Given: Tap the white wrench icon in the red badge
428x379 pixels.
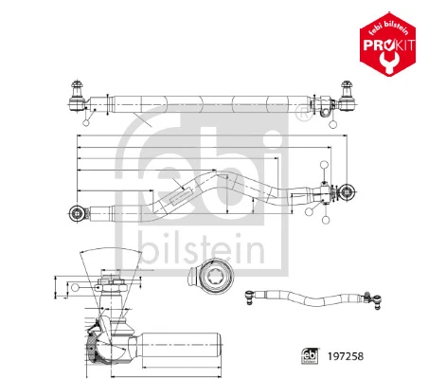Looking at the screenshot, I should (x=388, y=58).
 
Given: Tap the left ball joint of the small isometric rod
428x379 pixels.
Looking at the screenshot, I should (x=252, y=297).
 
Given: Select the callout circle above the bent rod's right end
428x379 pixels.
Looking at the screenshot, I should (x=325, y=165).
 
